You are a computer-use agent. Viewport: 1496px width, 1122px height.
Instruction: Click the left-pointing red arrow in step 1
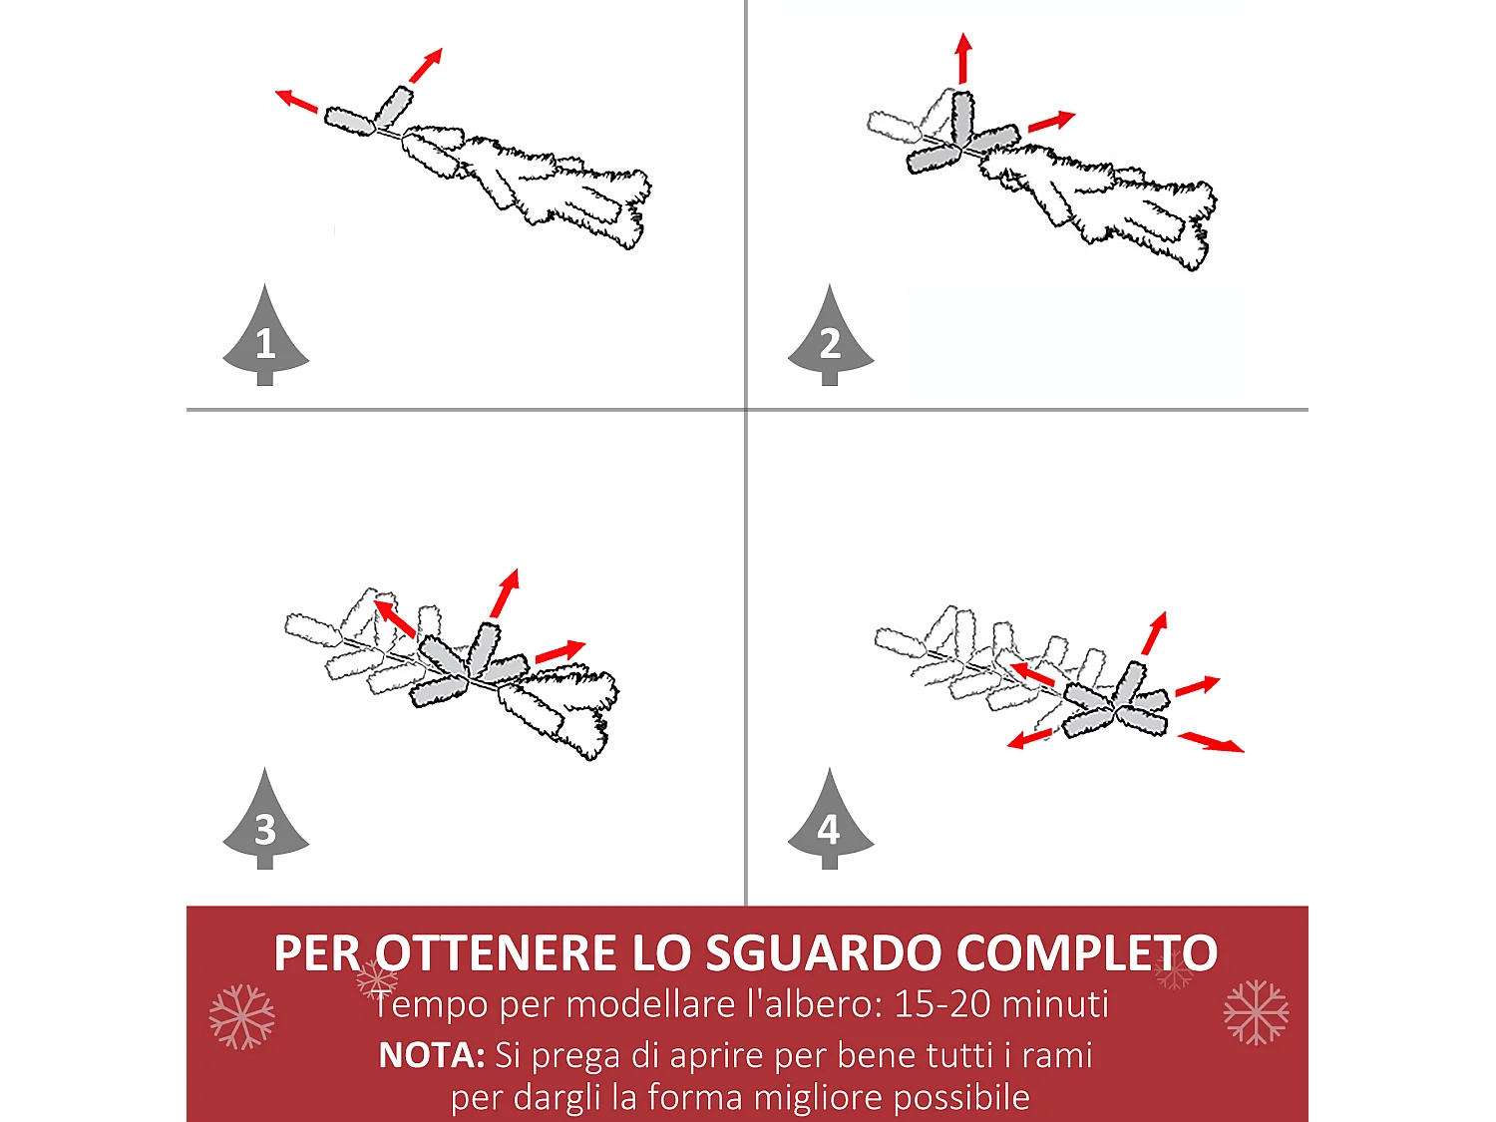pyautogui.click(x=296, y=101)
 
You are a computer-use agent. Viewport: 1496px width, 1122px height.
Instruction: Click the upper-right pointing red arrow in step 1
pyautogui.click(x=426, y=66)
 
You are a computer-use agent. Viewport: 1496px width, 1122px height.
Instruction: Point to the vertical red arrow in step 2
pyautogui.click(x=962, y=59)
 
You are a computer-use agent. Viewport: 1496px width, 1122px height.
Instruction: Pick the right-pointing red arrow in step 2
pyautogui.click(x=1051, y=122)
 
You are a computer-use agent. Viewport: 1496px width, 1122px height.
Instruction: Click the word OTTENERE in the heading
pyautogui.click(x=497, y=953)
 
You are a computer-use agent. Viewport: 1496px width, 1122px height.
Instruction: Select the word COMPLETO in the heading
pyautogui.click(x=1086, y=953)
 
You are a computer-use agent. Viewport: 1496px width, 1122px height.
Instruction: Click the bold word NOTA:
pyautogui.click(x=431, y=1055)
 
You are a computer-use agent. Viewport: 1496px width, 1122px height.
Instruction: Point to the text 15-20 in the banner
pyautogui.click(x=940, y=1004)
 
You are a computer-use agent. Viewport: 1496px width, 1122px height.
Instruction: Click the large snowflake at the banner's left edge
pyautogui.click(x=241, y=1016)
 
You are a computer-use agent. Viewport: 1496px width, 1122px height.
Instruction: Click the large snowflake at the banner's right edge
pyautogui.click(x=1256, y=1012)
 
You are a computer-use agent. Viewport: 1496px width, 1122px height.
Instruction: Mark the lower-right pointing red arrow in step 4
pyautogui.click(x=1211, y=742)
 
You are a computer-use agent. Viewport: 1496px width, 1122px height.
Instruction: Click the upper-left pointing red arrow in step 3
pyautogui.click(x=395, y=618)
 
